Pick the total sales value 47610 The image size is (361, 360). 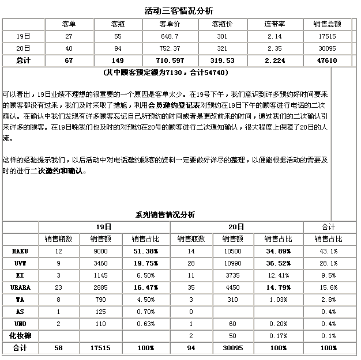click(326, 60)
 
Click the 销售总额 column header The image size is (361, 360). click(326, 24)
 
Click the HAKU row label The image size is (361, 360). click(20, 252)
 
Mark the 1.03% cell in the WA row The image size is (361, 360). click(277, 300)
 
